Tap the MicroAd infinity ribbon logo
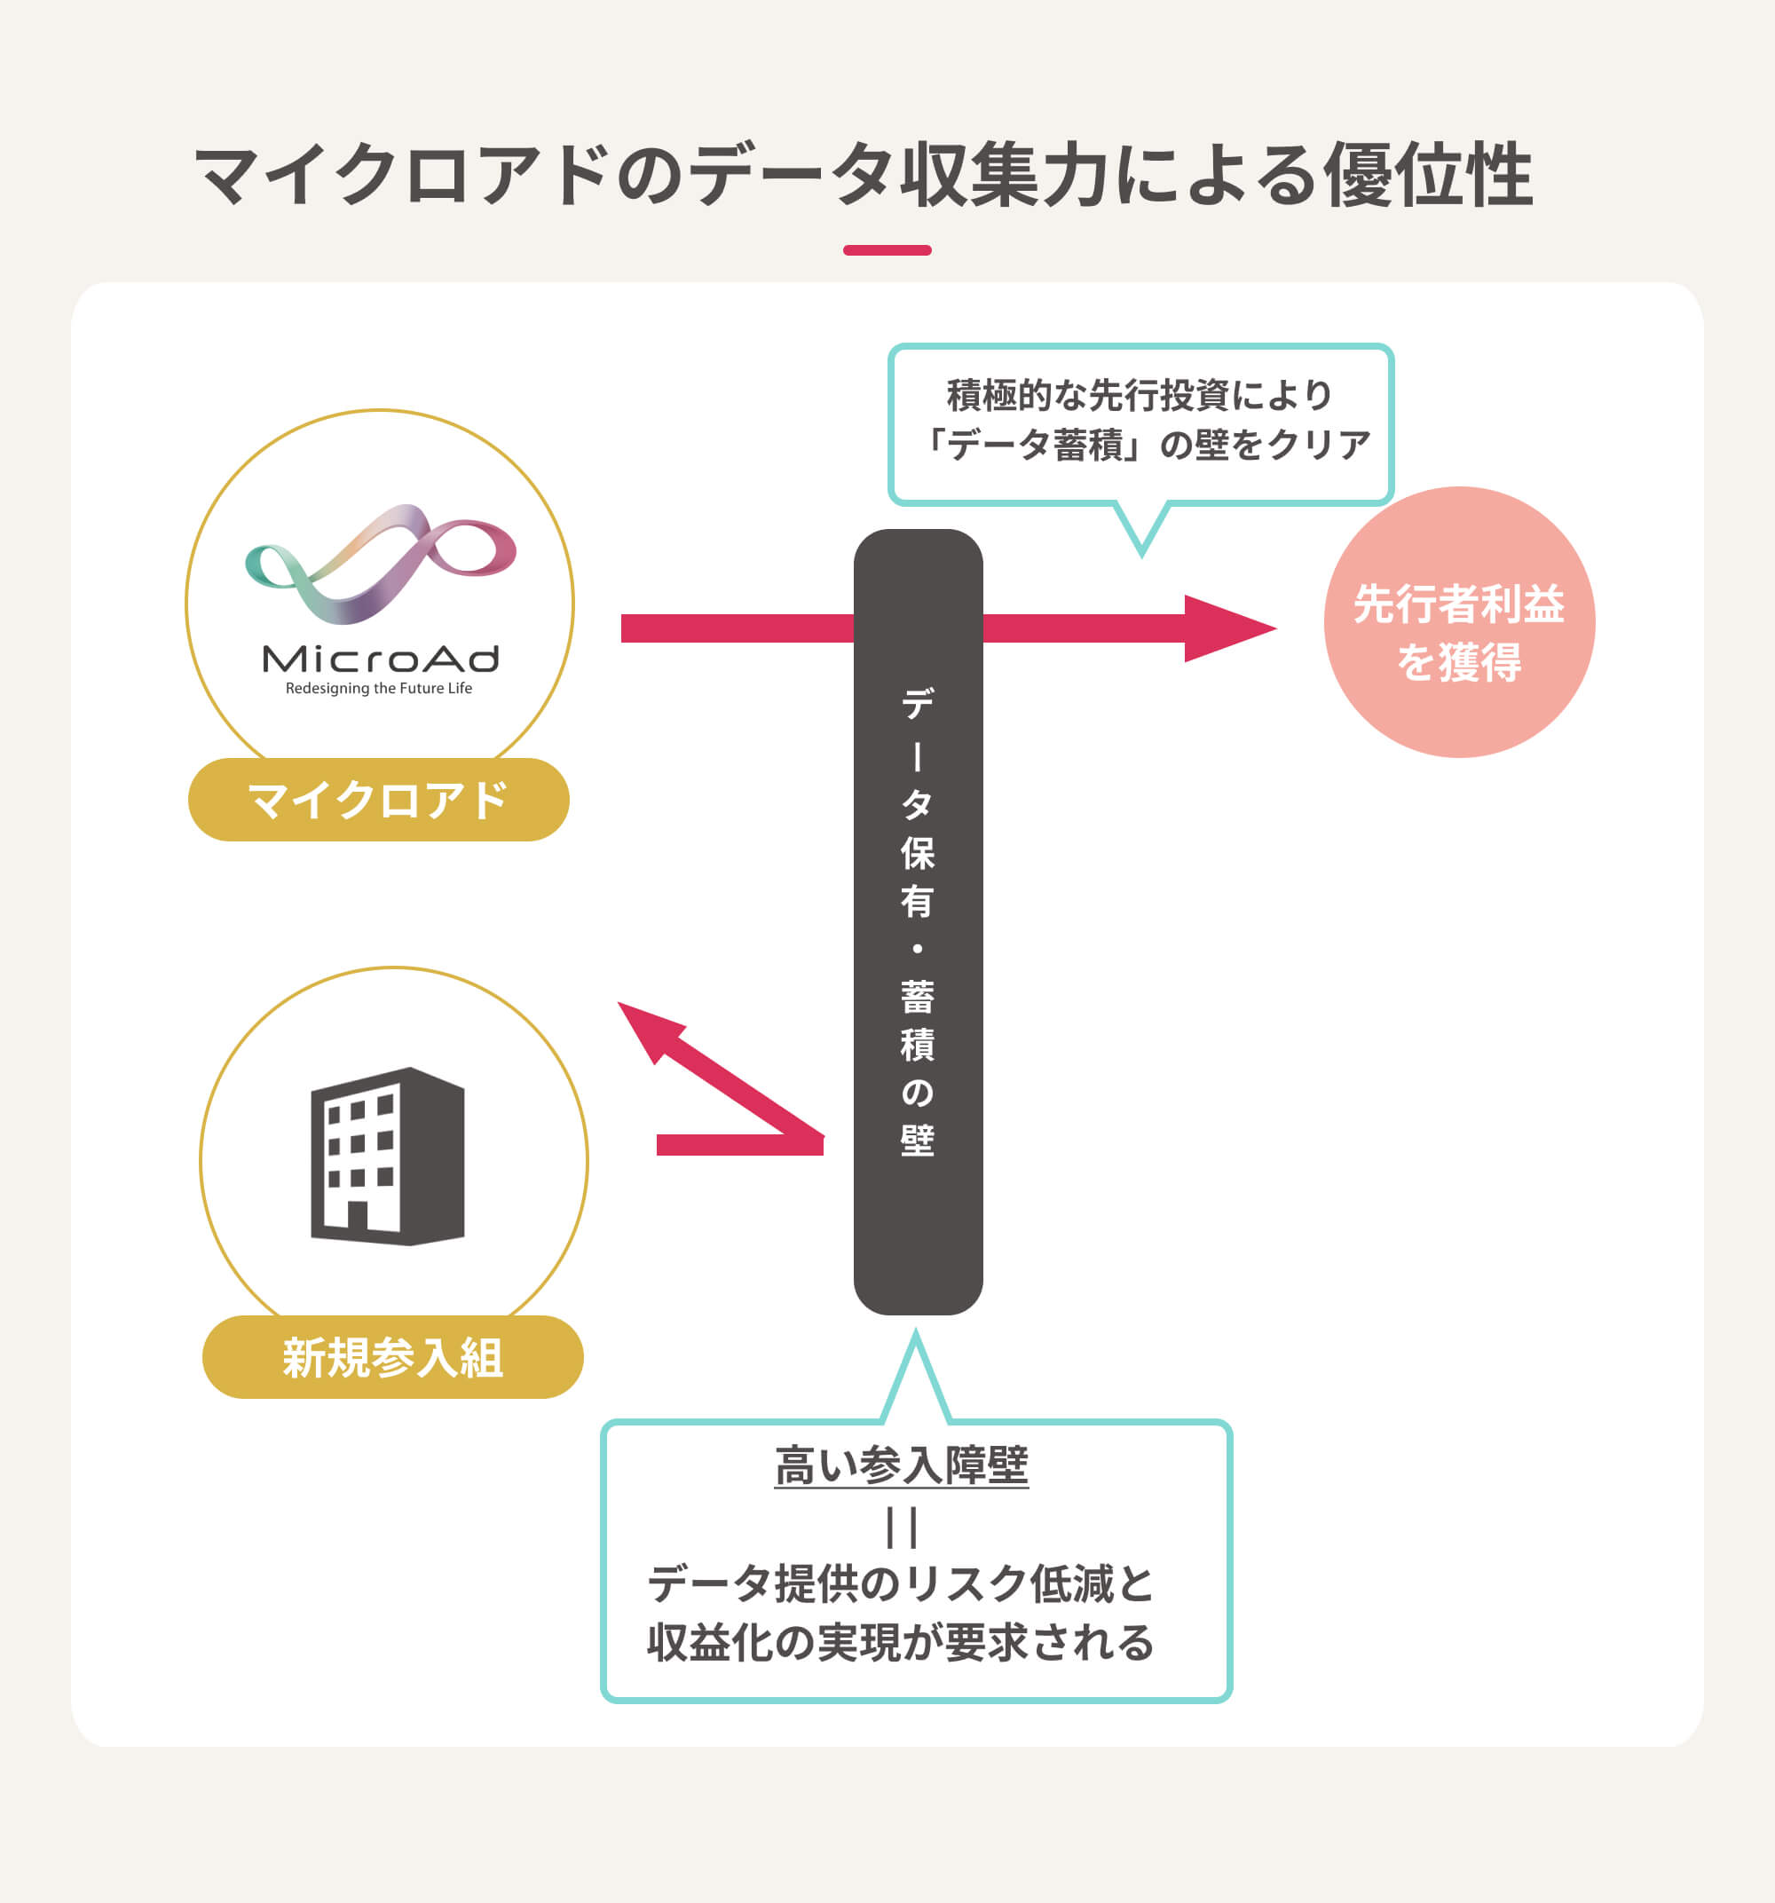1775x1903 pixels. pos(380,564)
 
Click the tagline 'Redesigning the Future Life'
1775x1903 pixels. pos(379,688)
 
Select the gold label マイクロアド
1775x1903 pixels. pos(378,801)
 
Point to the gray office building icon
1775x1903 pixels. pos(388,1156)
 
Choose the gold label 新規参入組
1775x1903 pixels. pos(392,1357)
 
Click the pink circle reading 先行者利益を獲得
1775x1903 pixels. pos(1458,622)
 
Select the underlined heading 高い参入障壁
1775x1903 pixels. pos(901,1465)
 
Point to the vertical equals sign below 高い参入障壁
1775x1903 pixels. pos(902,1527)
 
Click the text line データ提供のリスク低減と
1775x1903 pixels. pos(901,1584)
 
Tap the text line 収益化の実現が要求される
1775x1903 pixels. pos(901,1643)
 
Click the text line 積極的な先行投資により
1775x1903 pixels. pos(1140,395)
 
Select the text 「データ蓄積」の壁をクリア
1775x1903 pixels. pos(1141,445)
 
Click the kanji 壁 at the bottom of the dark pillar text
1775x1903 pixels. pos(917,1140)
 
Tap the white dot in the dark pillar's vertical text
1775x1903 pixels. pos(917,950)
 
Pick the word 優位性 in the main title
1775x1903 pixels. pos(1427,176)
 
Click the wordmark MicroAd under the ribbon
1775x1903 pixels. pos(380,659)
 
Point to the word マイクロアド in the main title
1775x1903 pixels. pos(402,176)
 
